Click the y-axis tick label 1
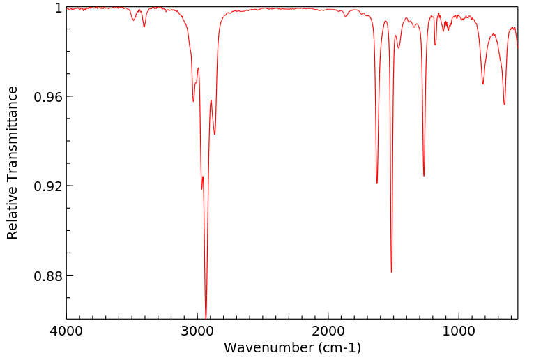[59, 8]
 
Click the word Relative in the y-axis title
[13, 217]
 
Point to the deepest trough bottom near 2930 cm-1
[206, 315]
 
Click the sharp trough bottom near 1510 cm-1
[392, 272]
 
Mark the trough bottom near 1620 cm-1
[377, 183]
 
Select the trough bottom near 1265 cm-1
[424, 176]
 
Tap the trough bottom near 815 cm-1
[482, 84]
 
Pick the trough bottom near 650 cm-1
[505, 105]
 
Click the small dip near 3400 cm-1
[144, 27]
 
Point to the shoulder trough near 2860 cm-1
[215, 134]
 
